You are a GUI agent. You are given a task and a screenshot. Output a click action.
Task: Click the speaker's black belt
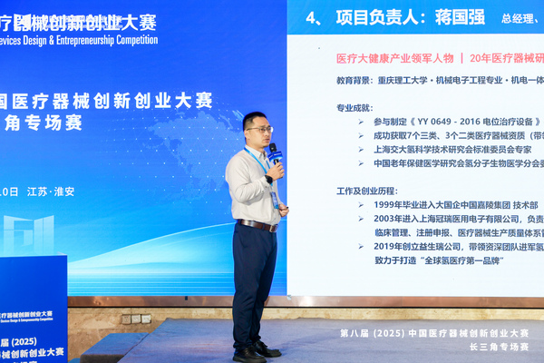pos(256,224)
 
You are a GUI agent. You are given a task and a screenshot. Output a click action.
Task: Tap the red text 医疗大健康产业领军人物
pos(375,57)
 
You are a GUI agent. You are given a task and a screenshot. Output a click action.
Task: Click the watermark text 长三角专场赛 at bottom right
pos(498,347)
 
